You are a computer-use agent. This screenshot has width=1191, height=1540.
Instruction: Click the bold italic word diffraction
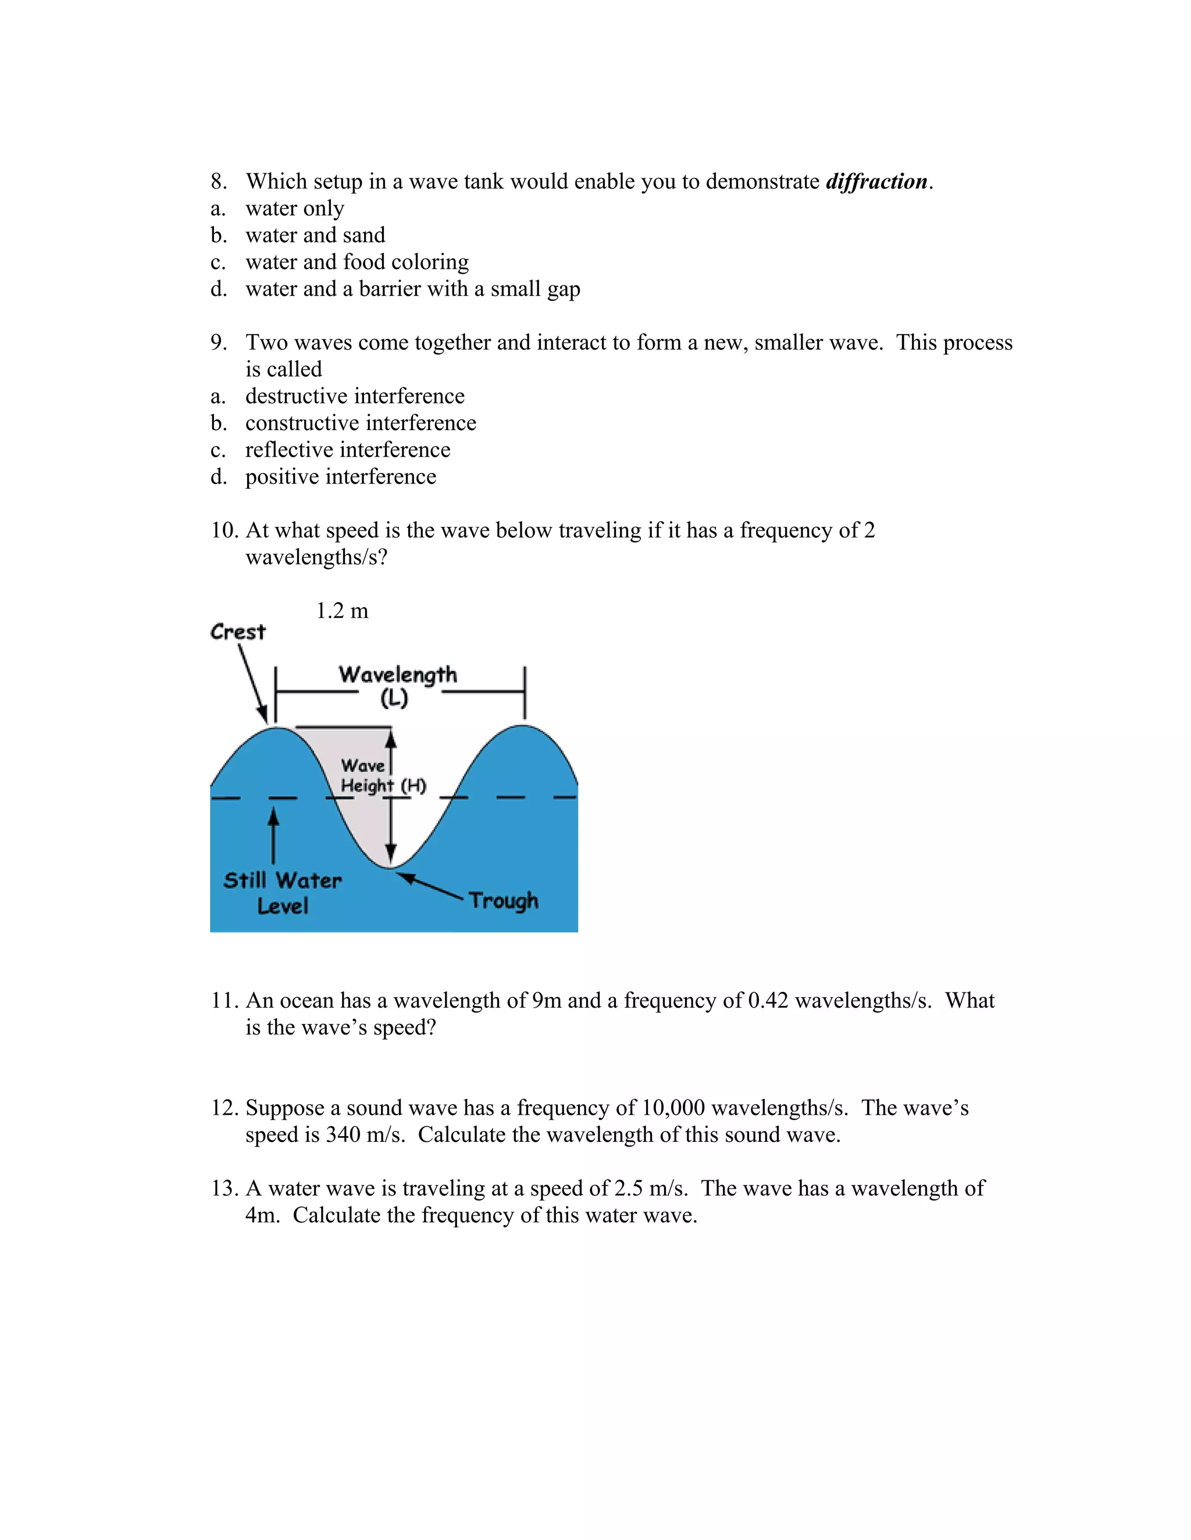coord(876,182)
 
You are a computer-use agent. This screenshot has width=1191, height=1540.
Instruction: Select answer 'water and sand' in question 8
coord(315,235)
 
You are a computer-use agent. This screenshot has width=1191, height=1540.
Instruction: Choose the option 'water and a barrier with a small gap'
coord(413,289)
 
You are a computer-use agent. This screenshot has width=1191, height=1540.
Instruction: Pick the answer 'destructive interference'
coord(355,396)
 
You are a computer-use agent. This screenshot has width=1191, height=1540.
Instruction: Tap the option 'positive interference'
coord(341,477)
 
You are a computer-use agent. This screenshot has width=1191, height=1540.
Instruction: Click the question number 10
coord(224,530)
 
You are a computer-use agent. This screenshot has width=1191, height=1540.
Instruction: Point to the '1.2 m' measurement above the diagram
coord(342,611)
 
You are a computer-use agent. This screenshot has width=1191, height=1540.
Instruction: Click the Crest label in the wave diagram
coord(238,632)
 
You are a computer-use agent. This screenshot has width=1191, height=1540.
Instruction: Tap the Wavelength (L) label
coord(397,685)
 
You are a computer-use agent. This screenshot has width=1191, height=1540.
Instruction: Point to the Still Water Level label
coord(282,893)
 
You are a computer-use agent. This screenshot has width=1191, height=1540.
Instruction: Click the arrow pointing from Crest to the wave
coord(252,683)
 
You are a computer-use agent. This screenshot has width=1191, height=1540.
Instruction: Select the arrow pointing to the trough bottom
coord(429,886)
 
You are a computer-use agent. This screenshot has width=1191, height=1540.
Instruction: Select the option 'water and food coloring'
coord(356,262)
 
